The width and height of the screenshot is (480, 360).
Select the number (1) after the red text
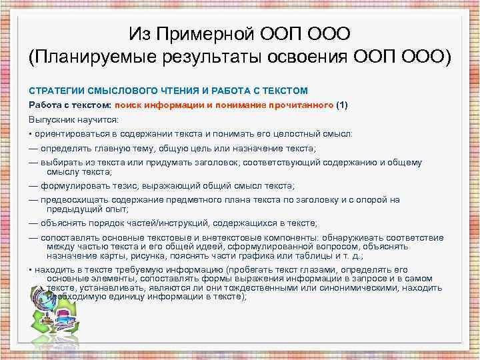(343, 105)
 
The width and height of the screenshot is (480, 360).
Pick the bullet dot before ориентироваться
(31, 134)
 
